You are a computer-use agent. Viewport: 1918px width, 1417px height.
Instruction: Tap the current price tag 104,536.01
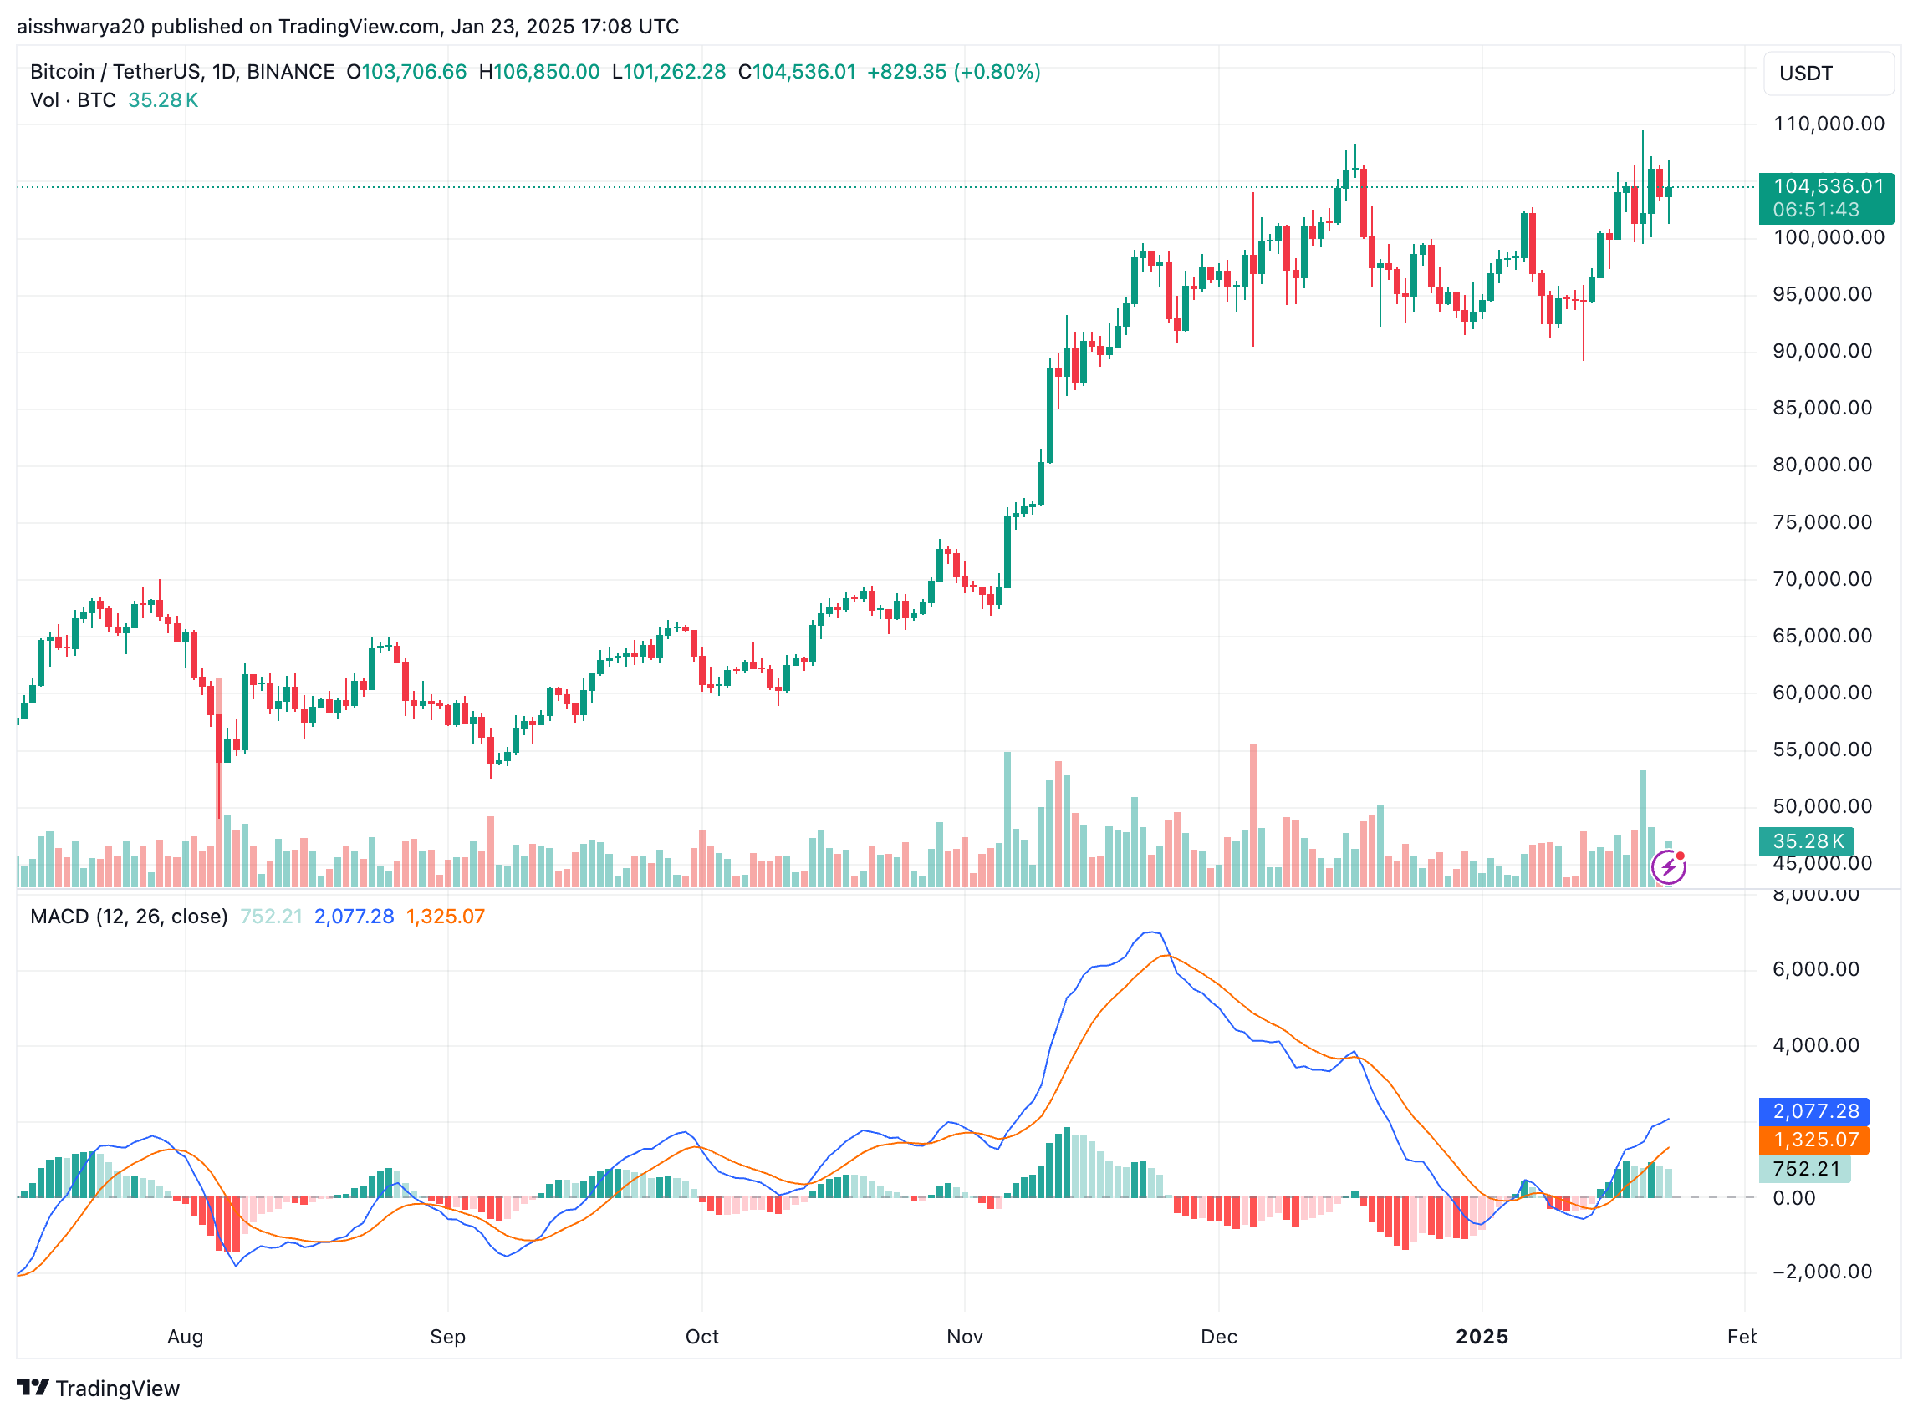pos(1825,187)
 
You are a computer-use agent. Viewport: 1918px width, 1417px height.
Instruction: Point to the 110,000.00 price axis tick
pos(1828,124)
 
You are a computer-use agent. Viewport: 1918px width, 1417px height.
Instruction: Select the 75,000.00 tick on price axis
pos(1821,522)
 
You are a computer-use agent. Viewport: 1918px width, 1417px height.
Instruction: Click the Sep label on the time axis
pos(447,1336)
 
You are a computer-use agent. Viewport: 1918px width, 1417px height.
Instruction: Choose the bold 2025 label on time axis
pos(1482,1336)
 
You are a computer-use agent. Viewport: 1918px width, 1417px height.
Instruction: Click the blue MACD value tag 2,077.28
pos(1813,1112)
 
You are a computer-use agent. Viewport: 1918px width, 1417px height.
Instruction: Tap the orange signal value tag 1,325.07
pos(1813,1140)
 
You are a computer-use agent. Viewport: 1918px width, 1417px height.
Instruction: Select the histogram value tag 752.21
pos(1805,1169)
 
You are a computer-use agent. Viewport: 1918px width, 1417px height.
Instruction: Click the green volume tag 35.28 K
pos(1807,841)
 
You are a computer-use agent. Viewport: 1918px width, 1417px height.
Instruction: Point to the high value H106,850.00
pos(539,72)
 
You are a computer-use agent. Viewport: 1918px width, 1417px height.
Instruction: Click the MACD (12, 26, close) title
pos(129,917)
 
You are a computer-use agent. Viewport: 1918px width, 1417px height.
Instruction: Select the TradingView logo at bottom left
pos(99,1389)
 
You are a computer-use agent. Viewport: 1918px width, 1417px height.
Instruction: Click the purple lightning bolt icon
pos(1667,867)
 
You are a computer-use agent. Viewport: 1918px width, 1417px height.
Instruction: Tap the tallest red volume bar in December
pos(1253,815)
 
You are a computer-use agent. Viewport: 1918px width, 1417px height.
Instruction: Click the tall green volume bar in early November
pos(1007,819)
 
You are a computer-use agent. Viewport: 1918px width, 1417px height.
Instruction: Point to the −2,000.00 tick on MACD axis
pos(1821,1272)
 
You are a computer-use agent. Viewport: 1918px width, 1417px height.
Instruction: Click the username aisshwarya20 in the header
pos(80,27)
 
